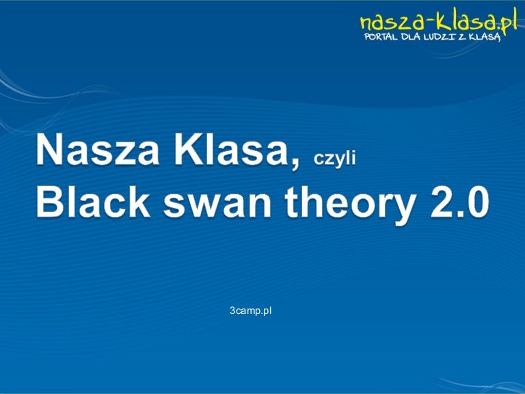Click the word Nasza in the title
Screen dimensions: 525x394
point(98,148)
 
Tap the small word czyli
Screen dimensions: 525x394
point(334,159)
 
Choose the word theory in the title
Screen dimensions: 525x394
point(351,205)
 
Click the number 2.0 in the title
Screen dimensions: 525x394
point(459,202)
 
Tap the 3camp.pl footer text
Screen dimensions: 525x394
point(250,311)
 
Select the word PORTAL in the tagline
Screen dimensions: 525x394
point(381,36)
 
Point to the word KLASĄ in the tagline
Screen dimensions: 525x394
point(485,37)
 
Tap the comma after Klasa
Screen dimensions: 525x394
point(295,163)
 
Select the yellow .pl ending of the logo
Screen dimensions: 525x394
point(508,21)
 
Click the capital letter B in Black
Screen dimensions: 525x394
point(49,202)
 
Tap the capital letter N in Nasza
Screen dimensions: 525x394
point(49,149)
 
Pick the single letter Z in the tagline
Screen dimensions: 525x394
point(462,37)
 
